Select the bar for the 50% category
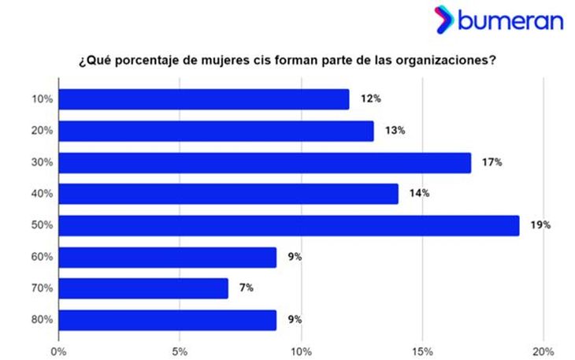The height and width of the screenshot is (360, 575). (289, 225)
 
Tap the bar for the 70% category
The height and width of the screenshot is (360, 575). (143, 288)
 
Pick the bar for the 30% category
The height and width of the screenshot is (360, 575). (265, 162)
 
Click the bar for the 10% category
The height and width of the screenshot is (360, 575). (204, 99)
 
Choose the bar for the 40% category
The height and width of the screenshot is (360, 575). (228, 194)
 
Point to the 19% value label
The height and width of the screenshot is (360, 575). (540, 225)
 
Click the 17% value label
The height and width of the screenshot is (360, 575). (492, 162)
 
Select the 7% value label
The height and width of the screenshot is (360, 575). (246, 288)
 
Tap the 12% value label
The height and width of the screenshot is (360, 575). (370, 99)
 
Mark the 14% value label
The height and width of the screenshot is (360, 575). (419, 194)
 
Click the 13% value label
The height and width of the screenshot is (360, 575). (395, 131)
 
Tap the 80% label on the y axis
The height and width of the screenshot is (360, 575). (42, 320)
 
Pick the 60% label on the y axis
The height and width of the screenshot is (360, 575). (42, 257)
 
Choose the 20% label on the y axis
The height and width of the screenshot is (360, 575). (42, 131)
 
